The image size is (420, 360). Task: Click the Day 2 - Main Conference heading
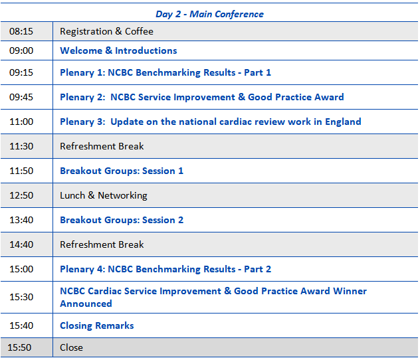click(209, 14)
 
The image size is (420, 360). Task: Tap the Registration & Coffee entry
click(106, 31)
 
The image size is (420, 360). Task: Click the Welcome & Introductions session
click(118, 50)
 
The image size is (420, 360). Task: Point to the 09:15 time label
click(21, 72)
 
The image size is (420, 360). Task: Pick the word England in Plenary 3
click(343, 122)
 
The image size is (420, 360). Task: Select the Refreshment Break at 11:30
click(102, 146)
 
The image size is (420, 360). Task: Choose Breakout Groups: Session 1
click(122, 171)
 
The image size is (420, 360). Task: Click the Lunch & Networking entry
click(104, 195)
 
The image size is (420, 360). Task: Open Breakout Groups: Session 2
click(122, 220)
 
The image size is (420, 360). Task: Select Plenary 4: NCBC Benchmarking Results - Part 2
click(165, 269)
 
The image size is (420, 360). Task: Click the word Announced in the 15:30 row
click(86, 304)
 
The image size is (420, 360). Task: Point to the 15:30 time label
click(21, 297)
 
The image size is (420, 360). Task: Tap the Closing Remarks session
click(97, 325)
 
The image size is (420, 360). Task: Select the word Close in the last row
click(71, 347)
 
